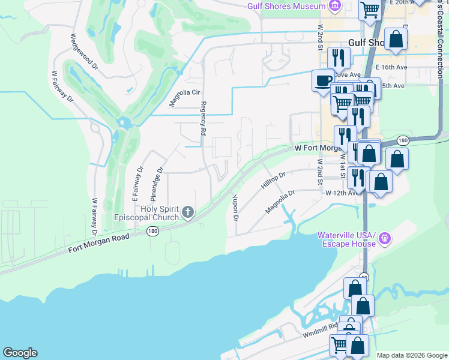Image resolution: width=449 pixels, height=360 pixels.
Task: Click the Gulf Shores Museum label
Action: pyautogui.click(x=286, y=7)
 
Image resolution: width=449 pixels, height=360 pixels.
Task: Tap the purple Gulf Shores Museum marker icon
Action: pyautogui.click(x=335, y=7)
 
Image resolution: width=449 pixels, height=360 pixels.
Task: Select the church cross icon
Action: pyautogui.click(x=188, y=211)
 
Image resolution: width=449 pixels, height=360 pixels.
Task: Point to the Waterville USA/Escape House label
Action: pyautogui.click(x=346, y=239)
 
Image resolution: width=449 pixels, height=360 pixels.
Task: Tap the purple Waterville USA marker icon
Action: pyautogui.click(x=385, y=239)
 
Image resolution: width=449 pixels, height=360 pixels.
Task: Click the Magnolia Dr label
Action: pyautogui.click(x=280, y=202)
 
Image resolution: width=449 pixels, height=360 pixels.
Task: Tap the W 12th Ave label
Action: pyautogui.click(x=341, y=193)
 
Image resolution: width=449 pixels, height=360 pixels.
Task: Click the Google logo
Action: pyautogui.click(x=20, y=353)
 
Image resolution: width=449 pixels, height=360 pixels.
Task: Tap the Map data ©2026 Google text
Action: pyautogui.click(x=411, y=355)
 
